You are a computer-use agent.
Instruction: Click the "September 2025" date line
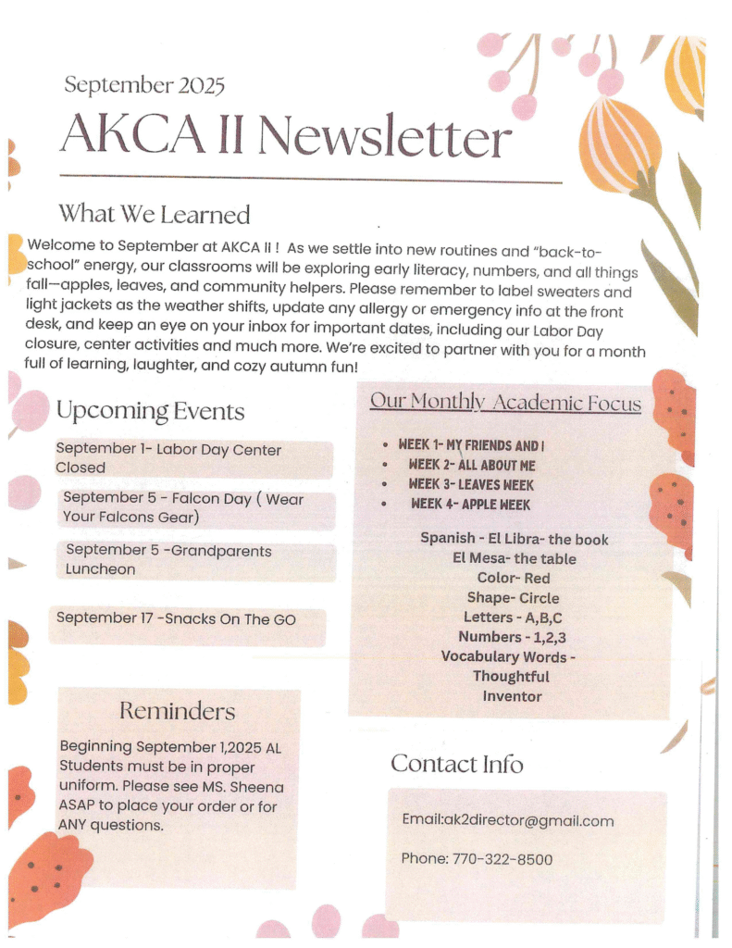[x=144, y=86]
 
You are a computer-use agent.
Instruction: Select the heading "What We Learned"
[x=155, y=215]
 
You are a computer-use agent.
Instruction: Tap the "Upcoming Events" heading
[x=150, y=411]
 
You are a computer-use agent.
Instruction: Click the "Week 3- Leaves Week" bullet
[x=471, y=484]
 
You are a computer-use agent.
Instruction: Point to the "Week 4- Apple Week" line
[x=470, y=505]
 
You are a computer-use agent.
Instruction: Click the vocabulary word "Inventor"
[x=512, y=696]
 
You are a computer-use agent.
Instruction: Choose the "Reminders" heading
[x=177, y=711]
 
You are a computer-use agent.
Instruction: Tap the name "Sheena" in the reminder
[x=257, y=787]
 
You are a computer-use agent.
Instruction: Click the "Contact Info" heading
[x=456, y=764]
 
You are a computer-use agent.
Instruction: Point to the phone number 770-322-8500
[x=502, y=859]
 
